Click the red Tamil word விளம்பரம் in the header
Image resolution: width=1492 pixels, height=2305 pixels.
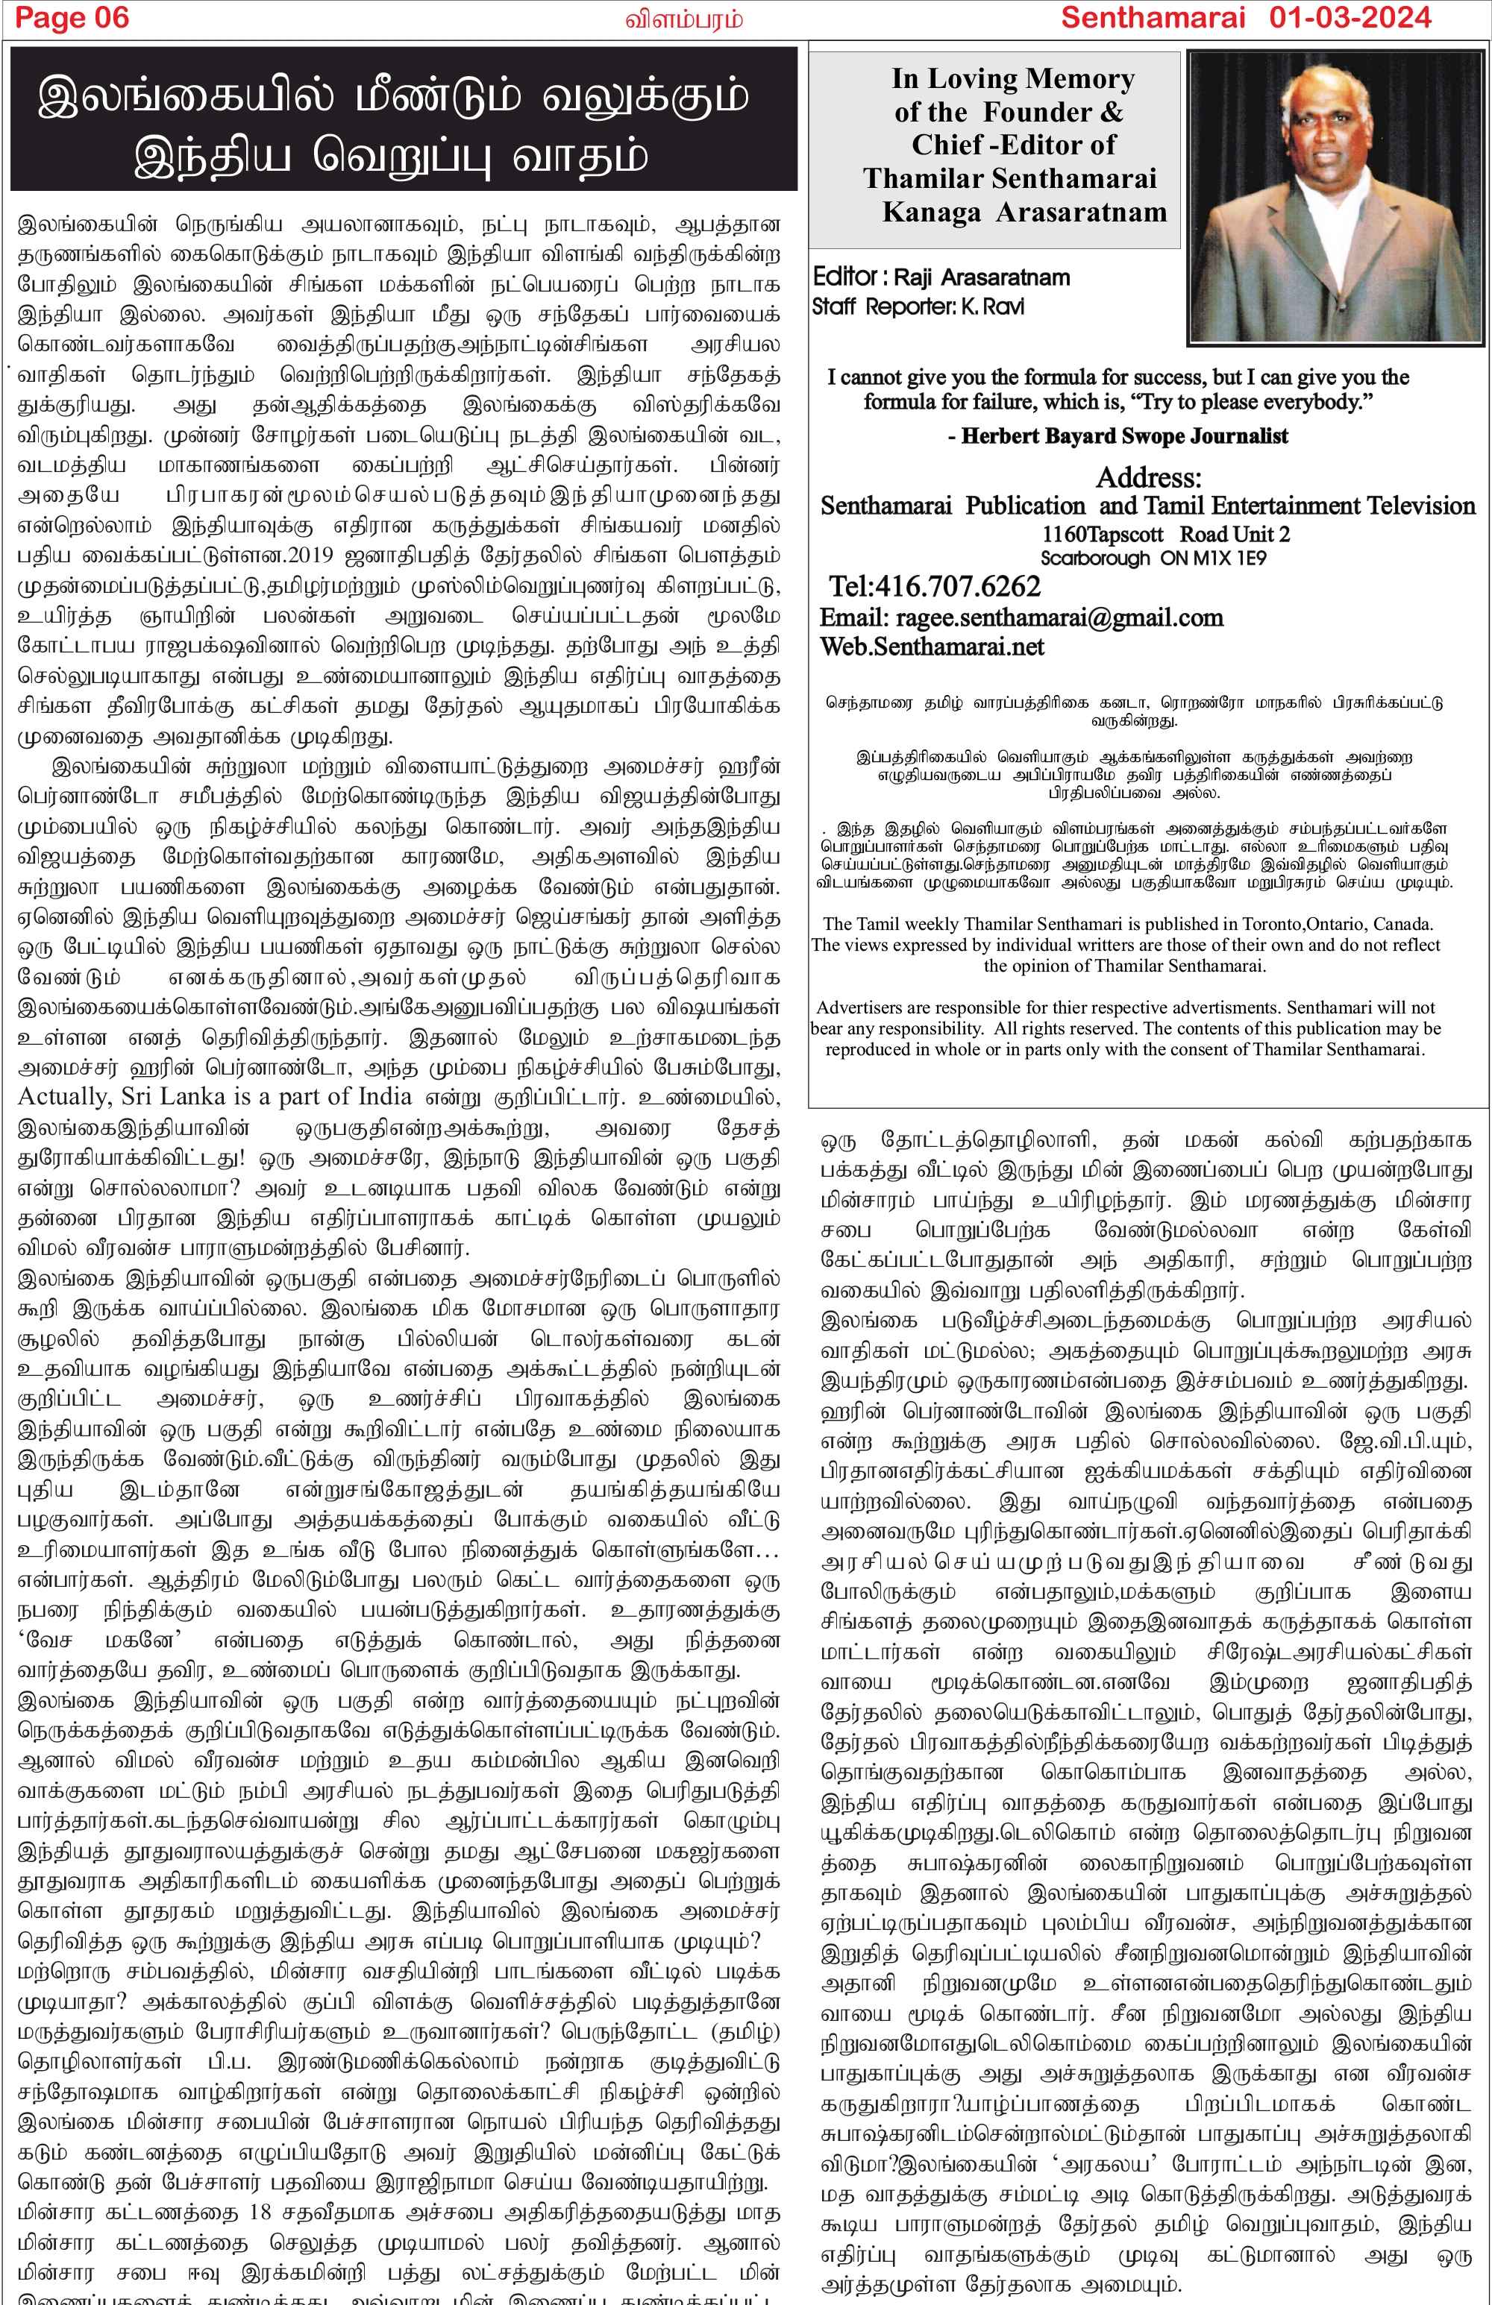click(x=684, y=19)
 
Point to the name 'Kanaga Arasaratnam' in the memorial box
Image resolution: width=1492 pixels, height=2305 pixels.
click(x=1024, y=212)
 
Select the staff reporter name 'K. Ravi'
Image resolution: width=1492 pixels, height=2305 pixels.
click(x=992, y=307)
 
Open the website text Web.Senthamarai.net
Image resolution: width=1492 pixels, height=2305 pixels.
click(x=932, y=647)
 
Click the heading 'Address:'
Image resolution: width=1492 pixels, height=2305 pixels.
click(x=1148, y=477)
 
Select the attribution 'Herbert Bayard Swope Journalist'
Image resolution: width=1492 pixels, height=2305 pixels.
click(x=1123, y=435)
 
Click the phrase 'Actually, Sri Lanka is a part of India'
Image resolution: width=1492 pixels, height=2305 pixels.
click(x=215, y=1096)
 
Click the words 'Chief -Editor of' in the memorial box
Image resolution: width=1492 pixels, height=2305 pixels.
click(x=1012, y=145)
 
